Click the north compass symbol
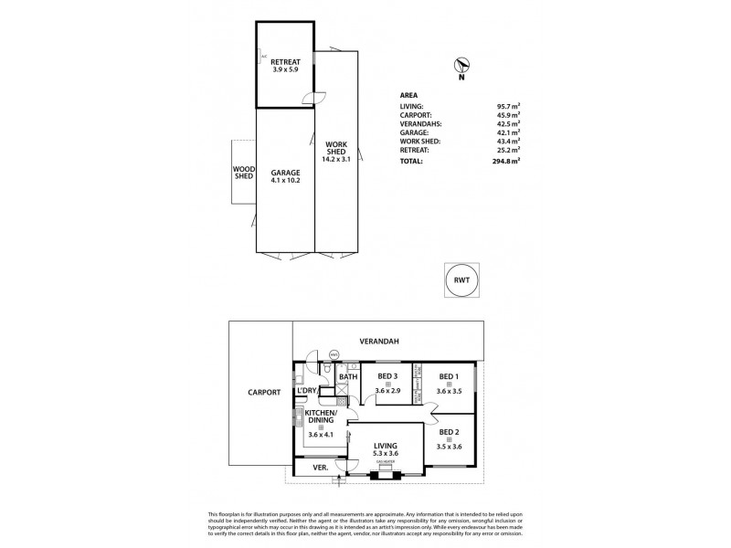(463, 66)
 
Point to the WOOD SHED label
(243, 172)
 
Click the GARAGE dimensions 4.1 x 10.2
(285, 180)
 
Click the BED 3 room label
(387, 376)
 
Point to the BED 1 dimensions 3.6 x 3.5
(448, 391)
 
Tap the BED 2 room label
(449, 432)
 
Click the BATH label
(348, 376)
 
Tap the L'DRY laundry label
(305, 391)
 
